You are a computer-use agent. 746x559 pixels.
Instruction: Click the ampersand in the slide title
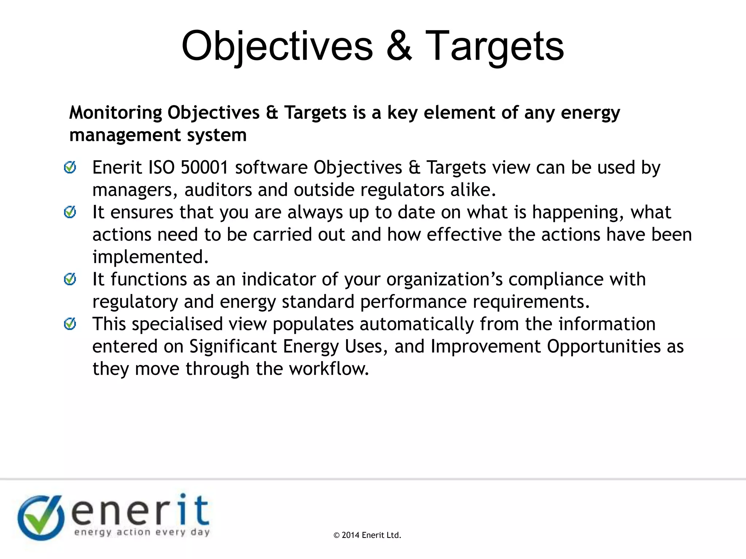click(x=399, y=47)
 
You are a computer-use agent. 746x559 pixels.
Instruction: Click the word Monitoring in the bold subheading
click(x=115, y=112)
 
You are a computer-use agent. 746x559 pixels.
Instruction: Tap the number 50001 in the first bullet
click(x=204, y=168)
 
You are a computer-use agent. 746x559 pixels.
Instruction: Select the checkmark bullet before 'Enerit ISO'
click(x=70, y=167)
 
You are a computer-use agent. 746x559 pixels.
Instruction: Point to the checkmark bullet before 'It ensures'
click(x=70, y=212)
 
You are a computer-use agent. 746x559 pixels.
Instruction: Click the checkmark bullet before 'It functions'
click(x=70, y=279)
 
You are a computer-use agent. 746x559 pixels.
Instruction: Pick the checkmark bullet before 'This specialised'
click(x=70, y=324)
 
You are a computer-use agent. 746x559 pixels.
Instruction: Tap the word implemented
click(x=150, y=257)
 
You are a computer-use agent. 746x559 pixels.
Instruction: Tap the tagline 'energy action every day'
click(x=142, y=532)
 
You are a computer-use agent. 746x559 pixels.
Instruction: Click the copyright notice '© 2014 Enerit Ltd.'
click(x=367, y=535)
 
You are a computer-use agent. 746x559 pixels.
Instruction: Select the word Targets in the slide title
click(x=494, y=47)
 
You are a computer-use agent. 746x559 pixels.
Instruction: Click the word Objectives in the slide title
click(x=277, y=47)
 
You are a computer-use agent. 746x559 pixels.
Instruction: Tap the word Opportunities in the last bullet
click(x=604, y=346)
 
